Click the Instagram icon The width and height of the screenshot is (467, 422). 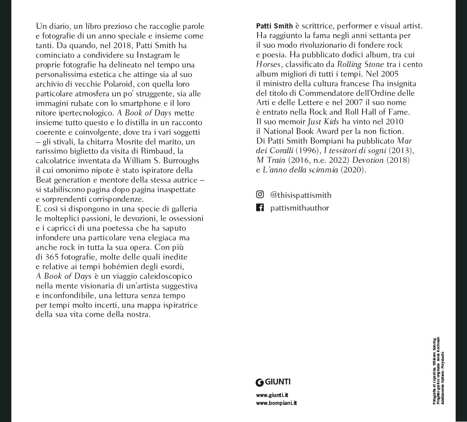(x=260, y=194)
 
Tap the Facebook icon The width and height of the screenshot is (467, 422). (x=260, y=207)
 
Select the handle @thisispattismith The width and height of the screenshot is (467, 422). (x=301, y=195)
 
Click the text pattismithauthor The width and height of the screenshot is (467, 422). (x=300, y=208)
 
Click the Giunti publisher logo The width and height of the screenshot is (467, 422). (x=273, y=382)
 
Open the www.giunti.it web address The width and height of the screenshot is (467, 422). (x=272, y=395)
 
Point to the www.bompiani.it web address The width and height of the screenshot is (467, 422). (x=276, y=403)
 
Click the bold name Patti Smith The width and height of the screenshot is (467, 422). (x=274, y=26)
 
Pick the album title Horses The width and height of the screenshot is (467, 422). (x=268, y=64)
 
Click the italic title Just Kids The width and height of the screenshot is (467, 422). (x=323, y=122)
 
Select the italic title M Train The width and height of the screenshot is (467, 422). (x=271, y=160)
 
